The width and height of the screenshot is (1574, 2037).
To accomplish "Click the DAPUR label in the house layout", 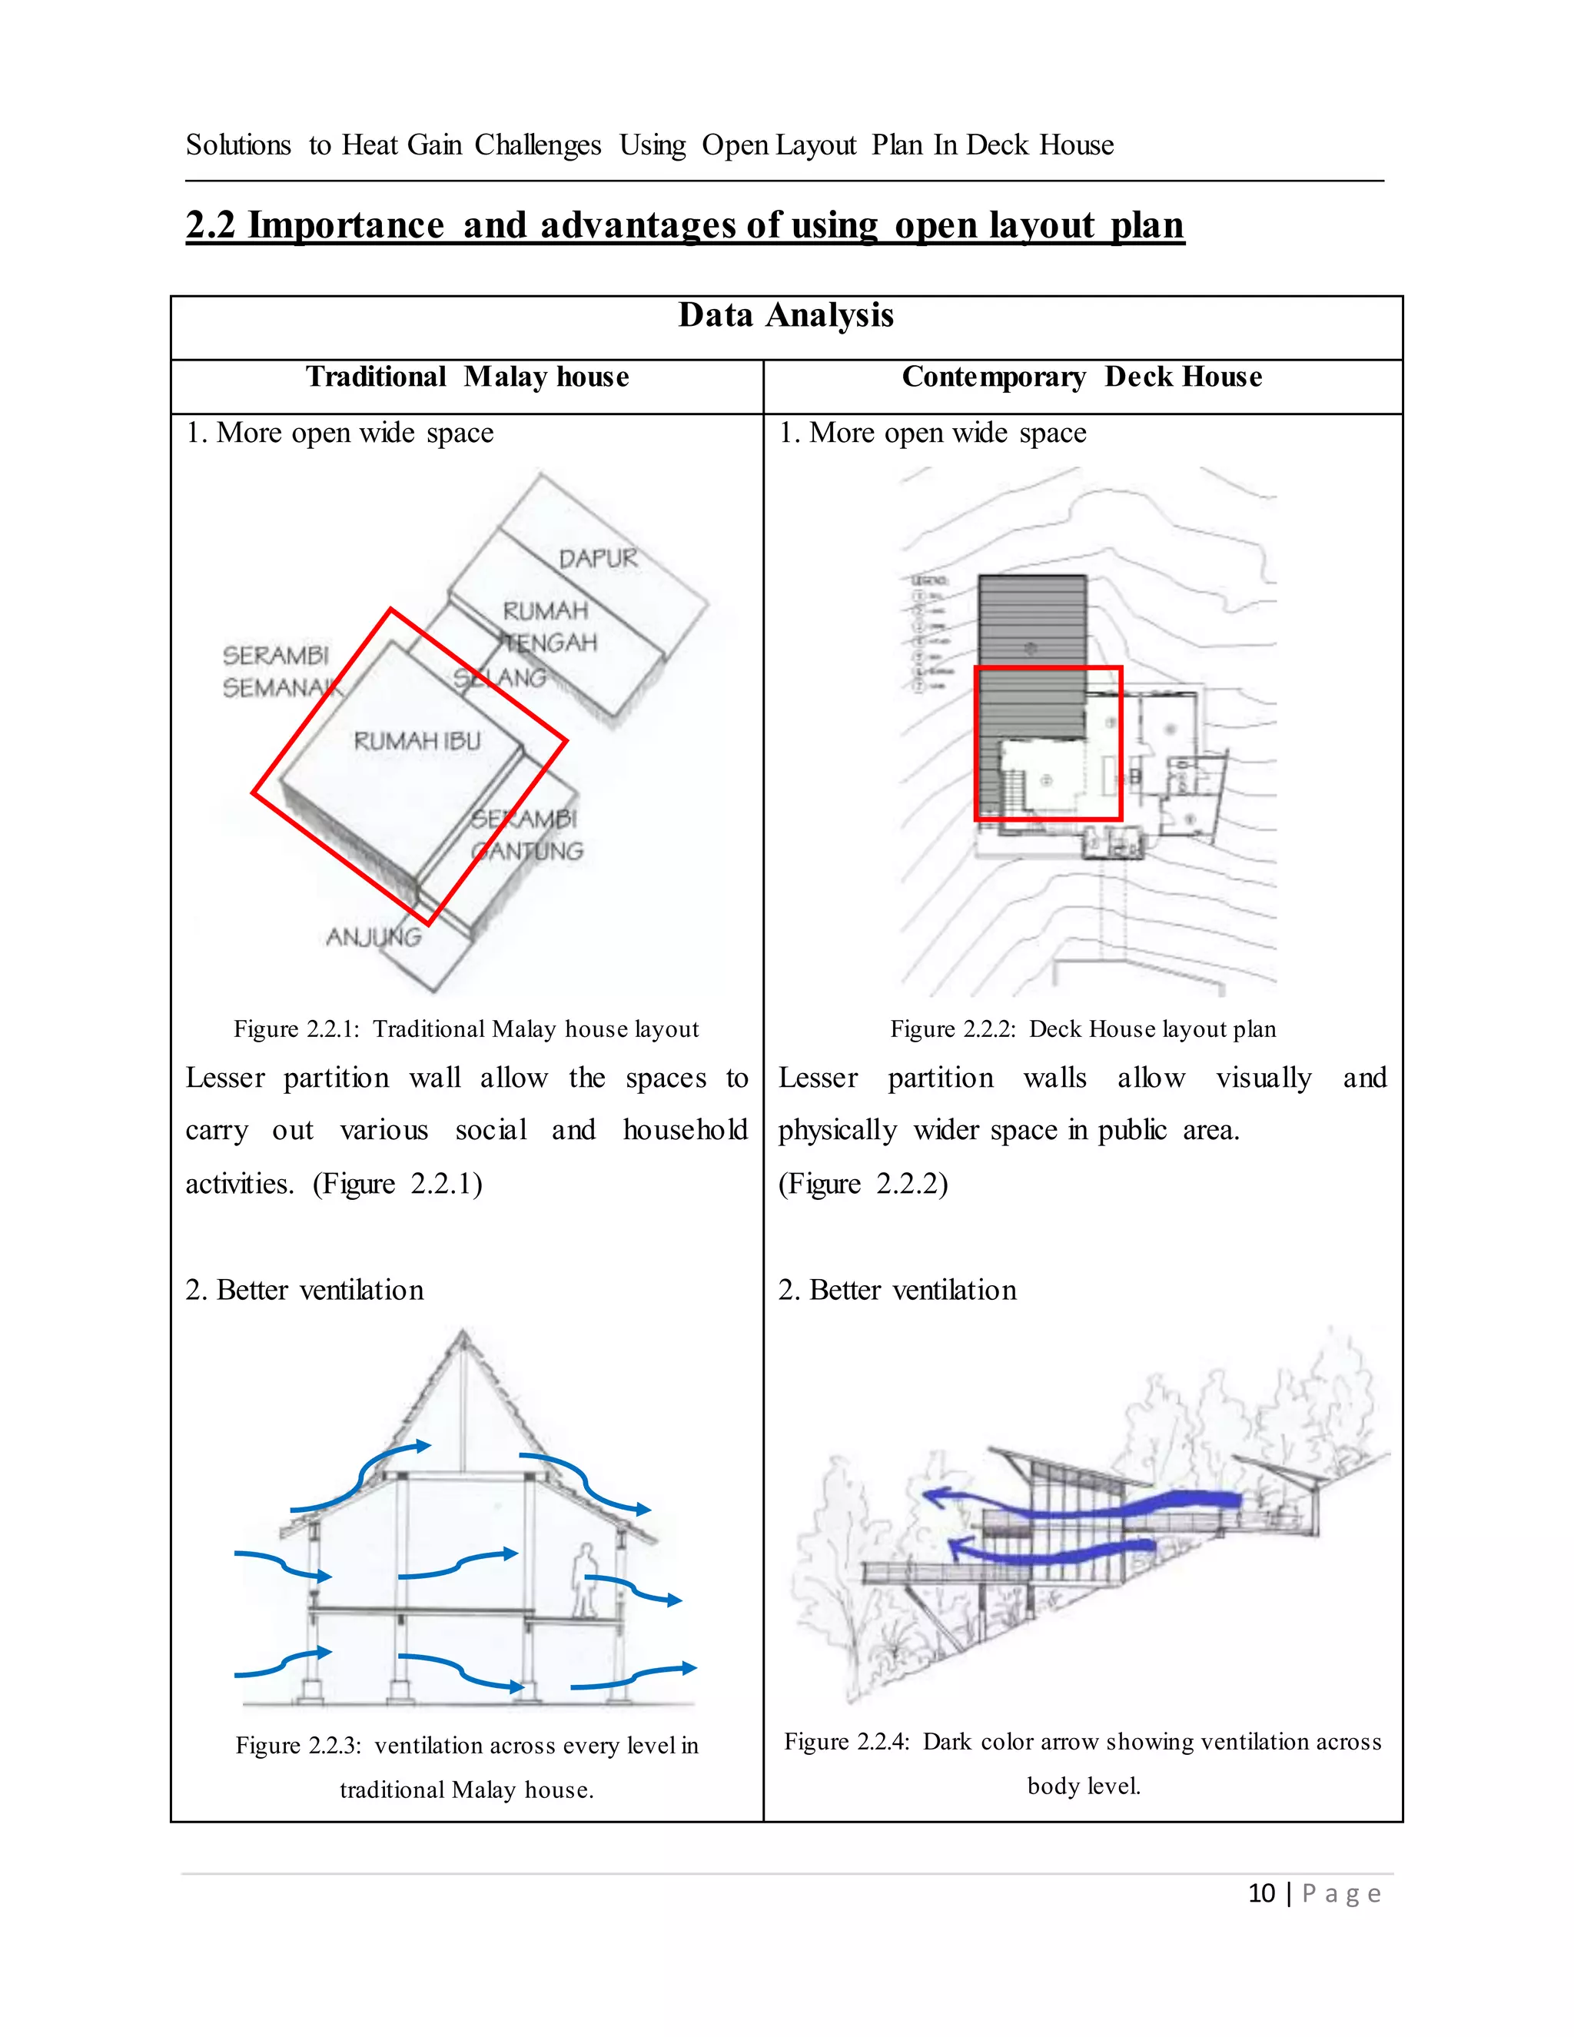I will pyautogui.click(x=598, y=559).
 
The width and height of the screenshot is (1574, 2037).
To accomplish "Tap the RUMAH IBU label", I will pyautogui.click(x=417, y=742).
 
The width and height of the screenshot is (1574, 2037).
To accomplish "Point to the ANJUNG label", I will pyautogui.click(x=374, y=936).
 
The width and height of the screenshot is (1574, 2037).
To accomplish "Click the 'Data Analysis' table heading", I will pyautogui.click(x=785, y=315).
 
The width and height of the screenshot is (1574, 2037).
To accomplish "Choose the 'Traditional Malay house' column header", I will pyautogui.click(x=467, y=377).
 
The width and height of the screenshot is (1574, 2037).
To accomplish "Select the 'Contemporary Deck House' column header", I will pyautogui.click(x=1081, y=377).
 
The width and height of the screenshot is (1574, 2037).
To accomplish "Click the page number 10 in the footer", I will pyautogui.click(x=1260, y=1893).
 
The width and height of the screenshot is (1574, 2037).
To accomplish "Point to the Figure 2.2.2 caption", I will pyautogui.click(x=1083, y=1028).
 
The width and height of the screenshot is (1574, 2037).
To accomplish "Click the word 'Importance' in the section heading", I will pyautogui.click(x=346, y=226).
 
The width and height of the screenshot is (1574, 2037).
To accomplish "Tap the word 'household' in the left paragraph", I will pyautogui.click(x=686, y=1131).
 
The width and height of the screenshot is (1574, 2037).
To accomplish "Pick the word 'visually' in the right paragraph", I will pyautogui.click(x=1264, y=1078).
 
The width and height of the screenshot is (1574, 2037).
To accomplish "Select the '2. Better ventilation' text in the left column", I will pyautogui.click(x=305, y=1290).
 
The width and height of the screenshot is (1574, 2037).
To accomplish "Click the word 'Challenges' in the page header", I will pyautogui.click(x=538, y=145).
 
